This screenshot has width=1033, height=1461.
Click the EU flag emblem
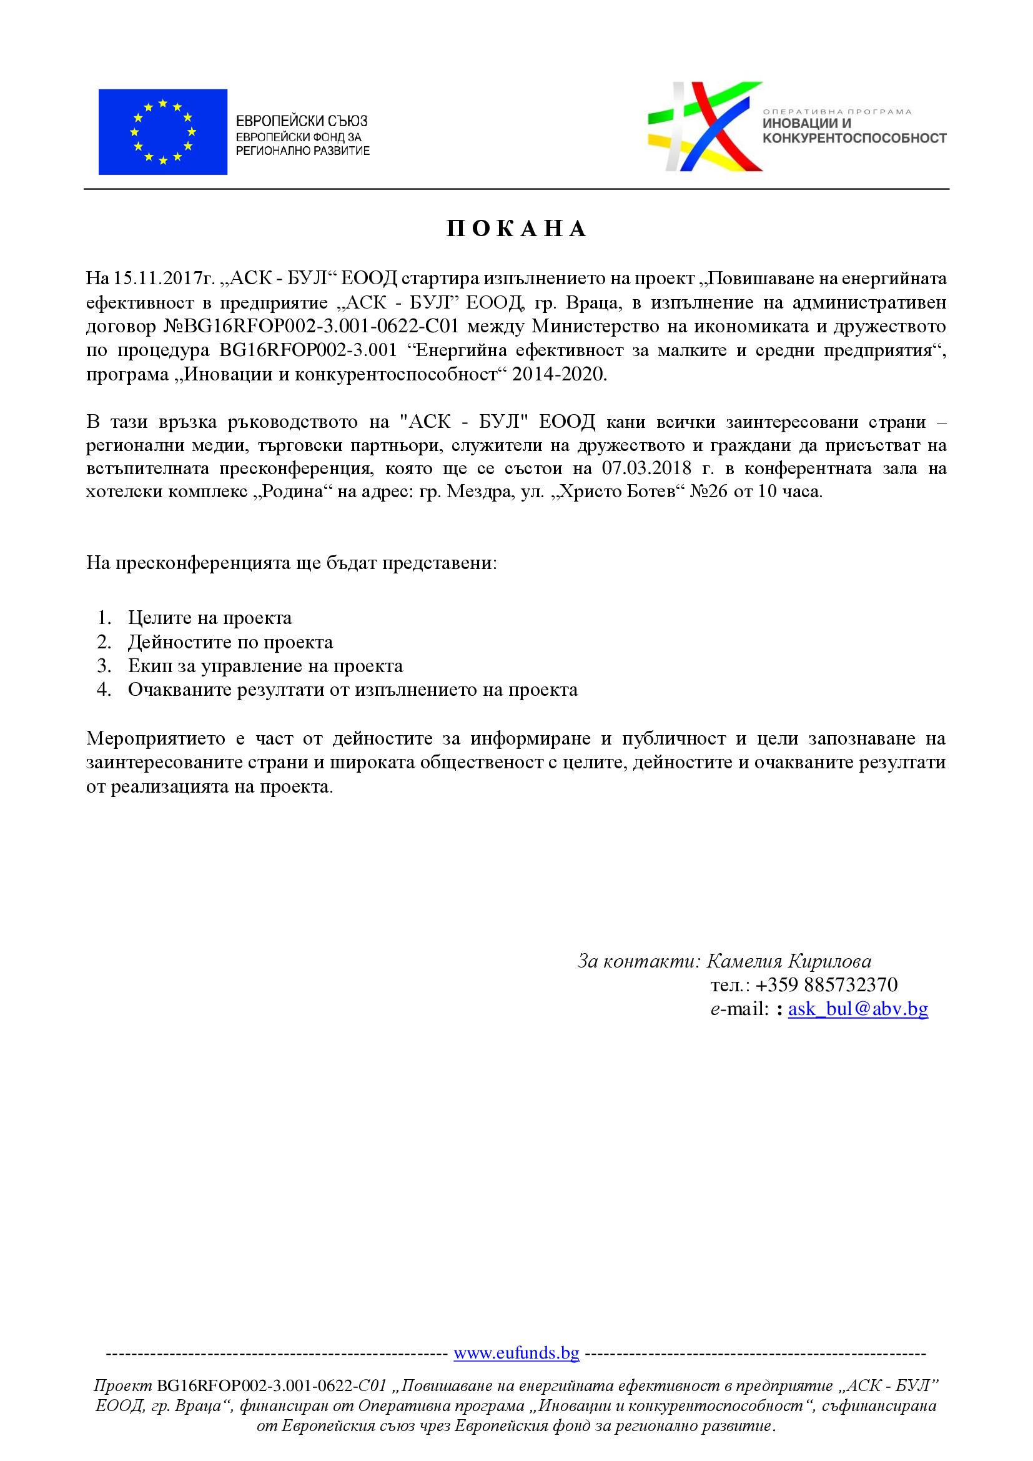163,132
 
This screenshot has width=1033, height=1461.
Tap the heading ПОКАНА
516,229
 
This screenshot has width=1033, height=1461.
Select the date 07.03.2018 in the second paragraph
646,468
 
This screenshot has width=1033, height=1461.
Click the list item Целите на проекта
210,618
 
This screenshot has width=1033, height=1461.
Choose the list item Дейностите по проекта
230,642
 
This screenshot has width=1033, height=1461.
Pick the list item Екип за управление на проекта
265,666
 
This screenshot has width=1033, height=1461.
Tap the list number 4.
104,690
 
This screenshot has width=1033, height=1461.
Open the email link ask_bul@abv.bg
858,1009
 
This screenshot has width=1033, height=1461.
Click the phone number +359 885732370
826,985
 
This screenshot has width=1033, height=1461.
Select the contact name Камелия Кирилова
789,961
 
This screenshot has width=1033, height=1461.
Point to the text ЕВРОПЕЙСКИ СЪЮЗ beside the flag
302,121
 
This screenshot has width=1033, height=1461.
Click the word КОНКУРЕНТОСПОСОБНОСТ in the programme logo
854,138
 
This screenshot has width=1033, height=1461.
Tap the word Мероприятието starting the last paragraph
156,739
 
